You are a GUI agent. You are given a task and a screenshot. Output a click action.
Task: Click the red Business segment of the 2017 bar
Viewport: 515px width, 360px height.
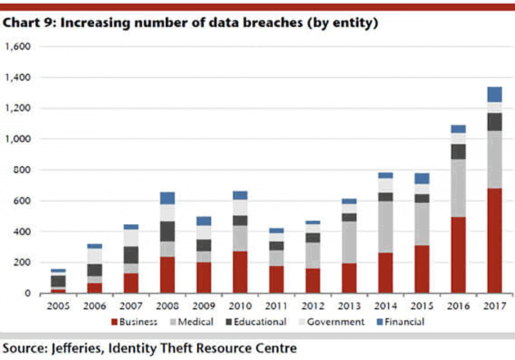click(494, 240)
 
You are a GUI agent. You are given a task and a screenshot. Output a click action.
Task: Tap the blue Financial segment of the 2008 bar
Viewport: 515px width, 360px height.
click(168, 198)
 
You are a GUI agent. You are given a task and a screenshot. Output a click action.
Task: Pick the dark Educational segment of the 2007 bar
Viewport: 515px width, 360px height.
click(132, 255)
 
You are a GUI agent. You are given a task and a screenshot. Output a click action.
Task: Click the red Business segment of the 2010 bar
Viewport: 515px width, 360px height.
click(240, 272)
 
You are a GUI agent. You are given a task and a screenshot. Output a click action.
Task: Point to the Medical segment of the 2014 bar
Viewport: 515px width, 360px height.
click(385, 227)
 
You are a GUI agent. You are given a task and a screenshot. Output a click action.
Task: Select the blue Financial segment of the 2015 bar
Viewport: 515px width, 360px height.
click(422, 178)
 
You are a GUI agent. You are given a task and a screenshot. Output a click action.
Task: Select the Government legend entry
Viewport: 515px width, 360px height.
click(331, 322)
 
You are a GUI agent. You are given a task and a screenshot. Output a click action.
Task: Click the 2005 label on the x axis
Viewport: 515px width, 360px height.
click(59, 304)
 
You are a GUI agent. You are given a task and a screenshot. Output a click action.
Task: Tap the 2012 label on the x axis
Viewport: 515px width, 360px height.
click(313, 304)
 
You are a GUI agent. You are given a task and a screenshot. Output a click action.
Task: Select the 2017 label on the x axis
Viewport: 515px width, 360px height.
click(494, 304)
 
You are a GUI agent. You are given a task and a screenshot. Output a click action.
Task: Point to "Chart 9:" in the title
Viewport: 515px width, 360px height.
click(26, 23)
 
